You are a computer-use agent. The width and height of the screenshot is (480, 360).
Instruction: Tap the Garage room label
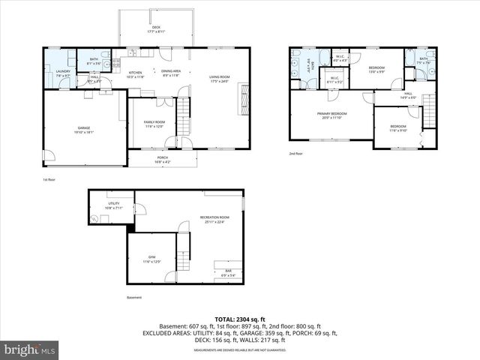[84, 130]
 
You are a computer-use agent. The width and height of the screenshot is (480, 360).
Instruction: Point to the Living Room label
[219, 79]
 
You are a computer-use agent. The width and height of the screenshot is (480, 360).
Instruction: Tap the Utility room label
[113, 205]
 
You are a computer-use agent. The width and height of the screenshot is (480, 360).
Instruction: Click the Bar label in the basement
[228, 274]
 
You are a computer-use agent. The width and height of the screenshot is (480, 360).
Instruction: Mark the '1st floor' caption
[50, 180]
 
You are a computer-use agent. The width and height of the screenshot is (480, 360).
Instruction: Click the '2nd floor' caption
[296, 154]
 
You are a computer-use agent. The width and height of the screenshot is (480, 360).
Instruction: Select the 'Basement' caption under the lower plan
[133, 298]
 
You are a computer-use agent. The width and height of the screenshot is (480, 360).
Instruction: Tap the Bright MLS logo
[30, 349]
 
